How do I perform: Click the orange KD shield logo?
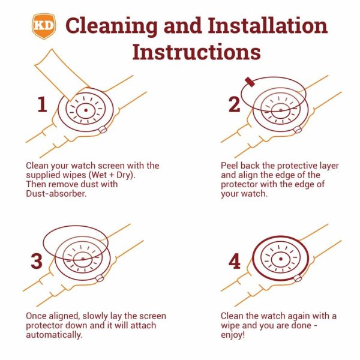tap(44, 26)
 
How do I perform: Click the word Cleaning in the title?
tap(112, 26)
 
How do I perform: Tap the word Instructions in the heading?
tap(197, 52)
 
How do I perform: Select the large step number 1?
tap(42, 104)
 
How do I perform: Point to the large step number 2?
tap(235, 104)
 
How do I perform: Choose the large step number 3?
tap(37, 261)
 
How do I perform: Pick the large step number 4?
tap(235, 261)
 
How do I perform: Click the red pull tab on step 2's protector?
tap(250, 82)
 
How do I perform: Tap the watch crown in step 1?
tap(103, 130)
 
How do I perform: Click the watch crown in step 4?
tap(298, 278)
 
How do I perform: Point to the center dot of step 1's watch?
tap(86, 110)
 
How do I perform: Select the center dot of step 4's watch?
tap(281, 259)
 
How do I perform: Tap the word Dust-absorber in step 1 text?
tap(56, 194)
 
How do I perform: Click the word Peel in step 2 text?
tap(229, 166)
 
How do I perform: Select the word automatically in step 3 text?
tap(54, 335)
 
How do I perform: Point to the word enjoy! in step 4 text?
tap(233, 335)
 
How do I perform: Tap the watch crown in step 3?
tap(100, 278)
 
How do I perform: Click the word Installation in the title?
tap(268, 26)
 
